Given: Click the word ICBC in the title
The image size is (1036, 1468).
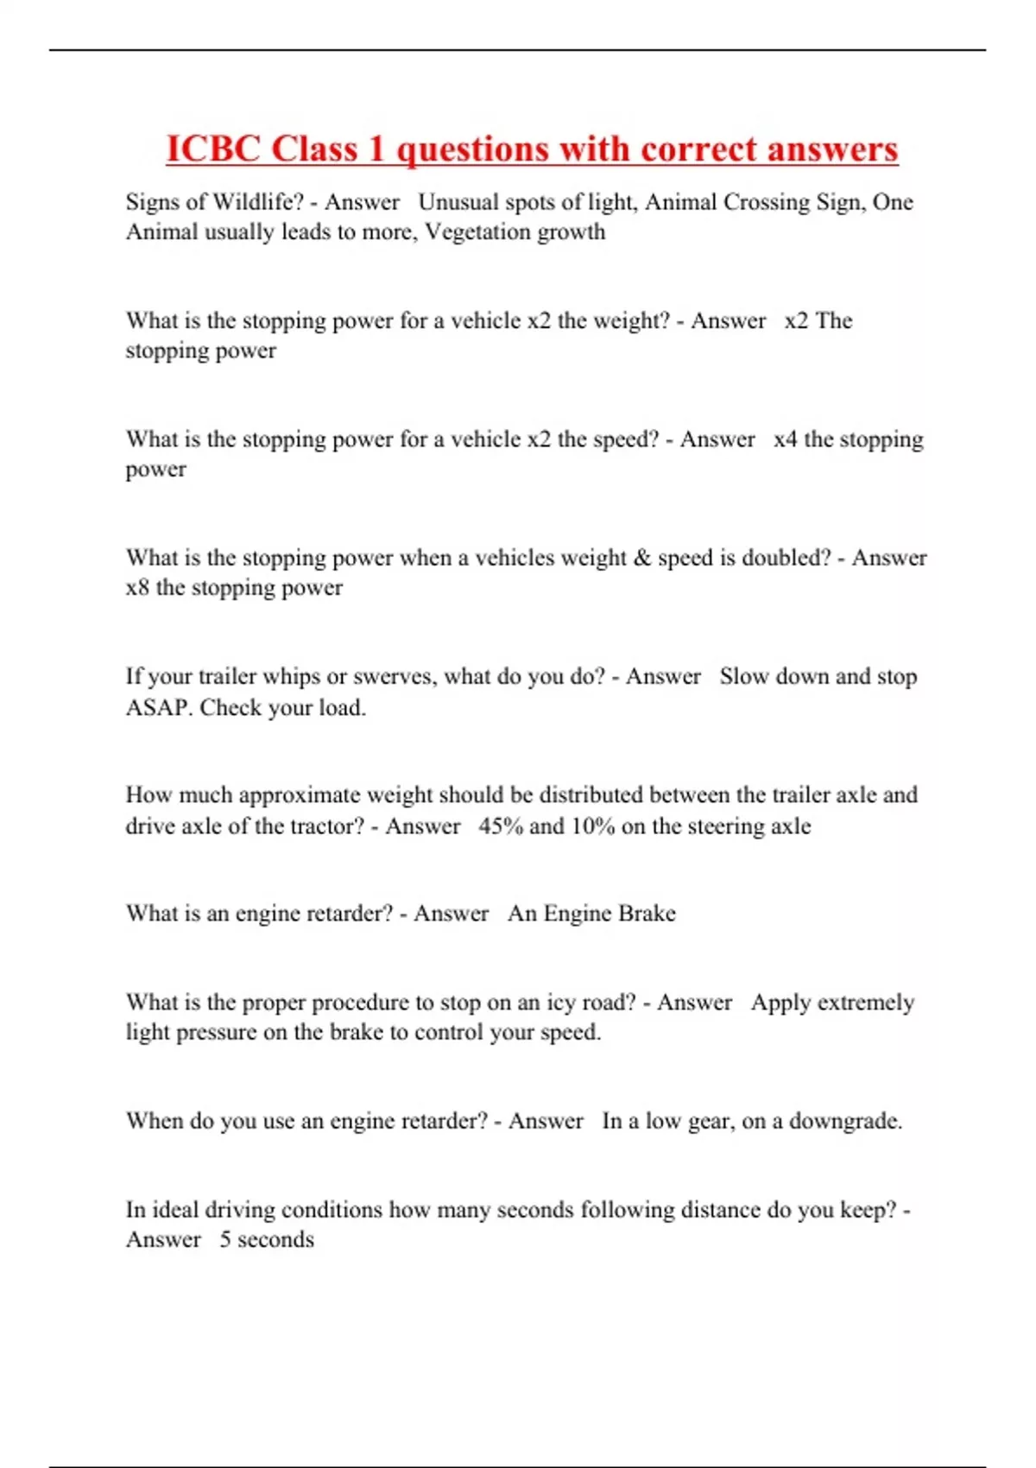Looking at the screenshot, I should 213,149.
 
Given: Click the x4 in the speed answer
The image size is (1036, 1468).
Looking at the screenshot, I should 785,440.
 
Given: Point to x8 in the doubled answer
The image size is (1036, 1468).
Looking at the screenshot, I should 137,588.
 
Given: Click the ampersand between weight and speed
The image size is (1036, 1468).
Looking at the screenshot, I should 641,558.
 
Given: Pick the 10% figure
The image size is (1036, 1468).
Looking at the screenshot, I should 592,826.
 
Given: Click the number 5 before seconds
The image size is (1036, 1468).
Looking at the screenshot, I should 225,1240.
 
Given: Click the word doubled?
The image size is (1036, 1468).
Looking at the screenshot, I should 784,558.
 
